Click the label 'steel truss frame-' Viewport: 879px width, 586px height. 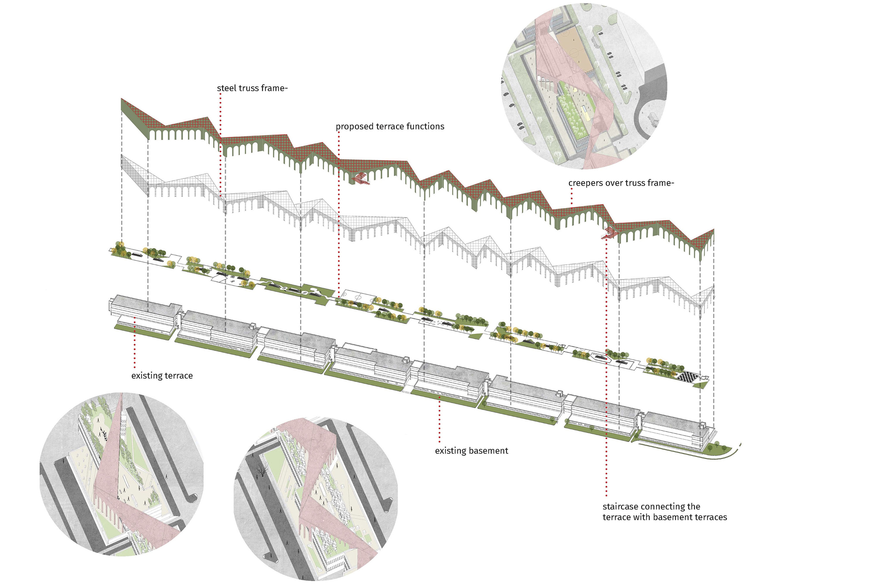(x=252, y=88)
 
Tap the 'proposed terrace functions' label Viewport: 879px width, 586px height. (x=390, y=126)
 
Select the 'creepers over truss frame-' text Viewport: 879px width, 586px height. (x=621, y=183)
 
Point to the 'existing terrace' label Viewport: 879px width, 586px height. (x=162, y=376)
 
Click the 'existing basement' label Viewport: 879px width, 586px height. (x=471, y=451)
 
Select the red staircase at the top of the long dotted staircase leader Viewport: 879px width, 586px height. (x=609, y=233)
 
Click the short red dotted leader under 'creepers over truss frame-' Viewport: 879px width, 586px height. (x=571, y=196)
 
